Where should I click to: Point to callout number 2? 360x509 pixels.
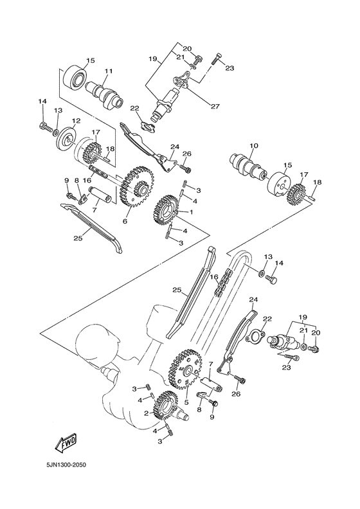coord(147,413)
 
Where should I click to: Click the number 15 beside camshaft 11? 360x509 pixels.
coord(90,60)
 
